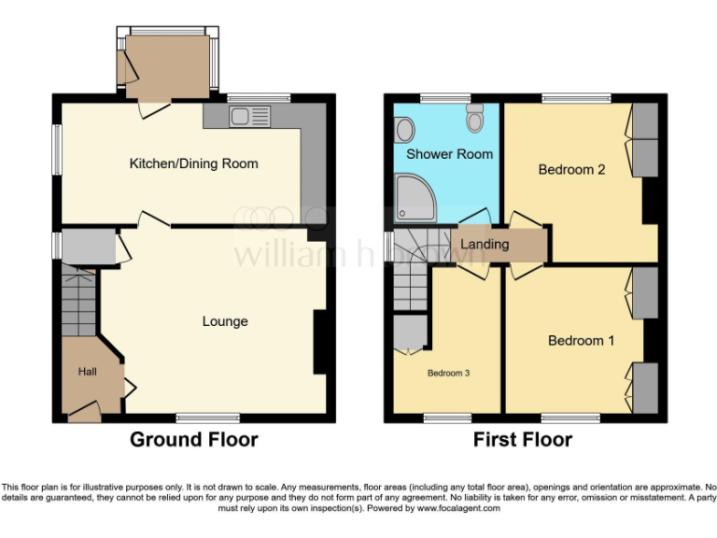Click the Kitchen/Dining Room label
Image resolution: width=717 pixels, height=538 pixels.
[193, 163]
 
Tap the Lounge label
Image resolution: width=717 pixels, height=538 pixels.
[225, 321]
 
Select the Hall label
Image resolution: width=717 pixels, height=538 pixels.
[87, 372]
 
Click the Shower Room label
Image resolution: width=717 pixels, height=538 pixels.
[449, 153]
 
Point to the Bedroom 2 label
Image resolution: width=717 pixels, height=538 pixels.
[572, 169]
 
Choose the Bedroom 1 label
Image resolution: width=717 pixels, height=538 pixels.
[581, 340]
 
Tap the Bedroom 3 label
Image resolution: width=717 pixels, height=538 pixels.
[448, 373]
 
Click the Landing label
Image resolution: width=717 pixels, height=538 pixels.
[485, 245]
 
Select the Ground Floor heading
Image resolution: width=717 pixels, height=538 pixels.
[193, 439]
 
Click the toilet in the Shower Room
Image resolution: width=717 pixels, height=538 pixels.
[474, 118]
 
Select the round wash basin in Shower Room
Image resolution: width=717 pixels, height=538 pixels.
[405, 128]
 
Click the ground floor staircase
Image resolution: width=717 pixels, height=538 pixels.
[79, 300]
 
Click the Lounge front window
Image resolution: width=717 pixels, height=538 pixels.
[206, 418]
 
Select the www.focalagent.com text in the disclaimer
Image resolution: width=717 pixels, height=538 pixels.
[457, 509]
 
